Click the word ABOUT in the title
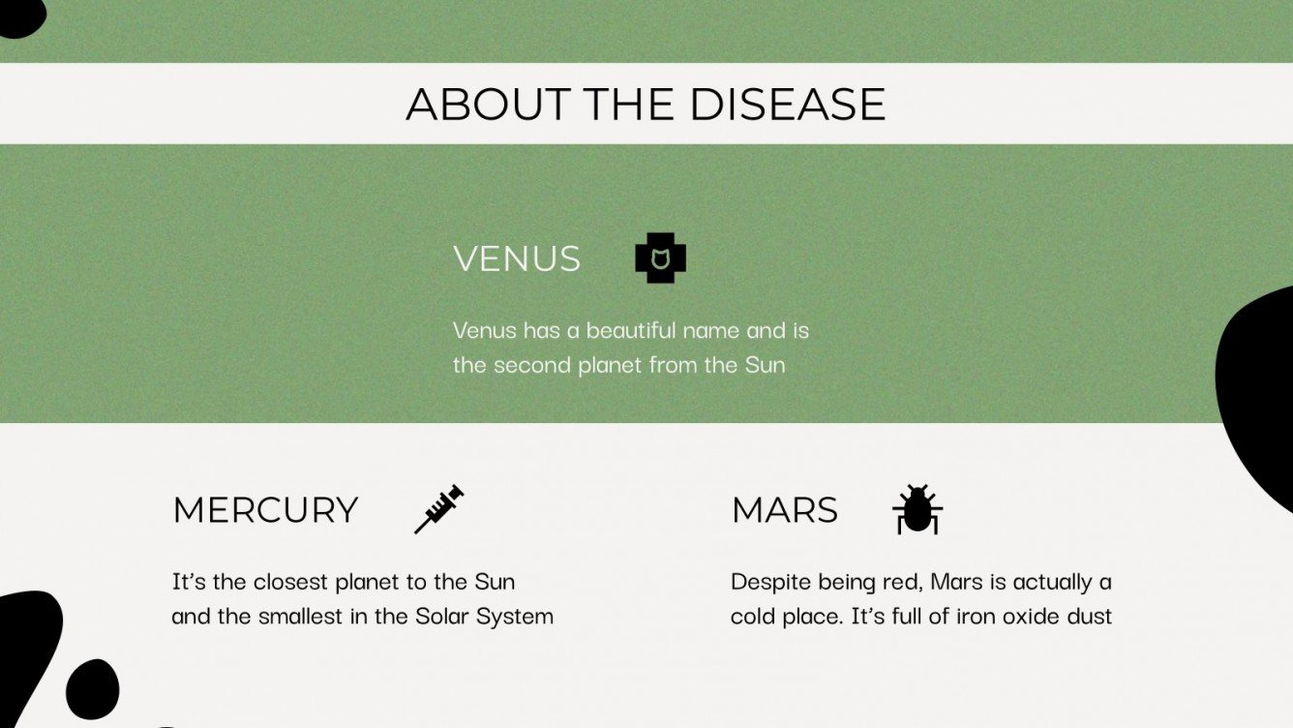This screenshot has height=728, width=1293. click(x=488, y=104)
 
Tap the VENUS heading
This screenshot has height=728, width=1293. click(x=517, y=258)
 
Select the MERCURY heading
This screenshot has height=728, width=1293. click(x=265, y=509)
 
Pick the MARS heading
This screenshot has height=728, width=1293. click(x=785, y=509)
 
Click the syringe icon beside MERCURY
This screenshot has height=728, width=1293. click(x=439, y=509)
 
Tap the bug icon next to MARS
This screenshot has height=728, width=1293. click(x=917, y=510)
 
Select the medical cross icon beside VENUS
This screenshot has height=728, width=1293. click(x=660, y=258)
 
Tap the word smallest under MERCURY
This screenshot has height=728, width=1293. click(x=299, y=616)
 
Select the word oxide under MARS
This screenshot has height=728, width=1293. click(x=1030, y=616)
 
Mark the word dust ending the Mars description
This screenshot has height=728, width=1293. click(x=1089, y=616)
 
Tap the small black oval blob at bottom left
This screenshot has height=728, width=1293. click(x=93, y=689)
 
